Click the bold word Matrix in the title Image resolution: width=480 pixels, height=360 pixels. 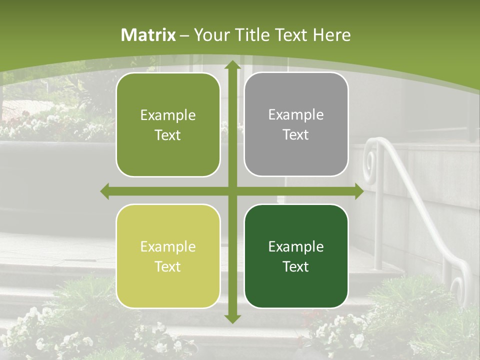[148, 35]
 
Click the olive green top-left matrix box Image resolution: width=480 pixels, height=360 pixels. [168, 125]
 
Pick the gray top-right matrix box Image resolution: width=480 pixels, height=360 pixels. [296, 124]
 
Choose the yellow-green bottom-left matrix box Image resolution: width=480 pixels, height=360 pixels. [168, 256]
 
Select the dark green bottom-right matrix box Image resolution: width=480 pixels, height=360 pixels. [296, 256]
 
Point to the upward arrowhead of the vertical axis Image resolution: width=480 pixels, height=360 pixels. [232, 65]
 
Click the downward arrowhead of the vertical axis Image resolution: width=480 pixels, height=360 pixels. [232, 318]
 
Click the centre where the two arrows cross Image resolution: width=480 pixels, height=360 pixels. [232, 191]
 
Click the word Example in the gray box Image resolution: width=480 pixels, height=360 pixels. [296, 114]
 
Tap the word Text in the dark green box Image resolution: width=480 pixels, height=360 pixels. [296, 266]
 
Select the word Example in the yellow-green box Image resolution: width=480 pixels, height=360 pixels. [168, 246]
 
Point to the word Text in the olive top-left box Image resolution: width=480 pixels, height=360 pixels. [168, 135]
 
